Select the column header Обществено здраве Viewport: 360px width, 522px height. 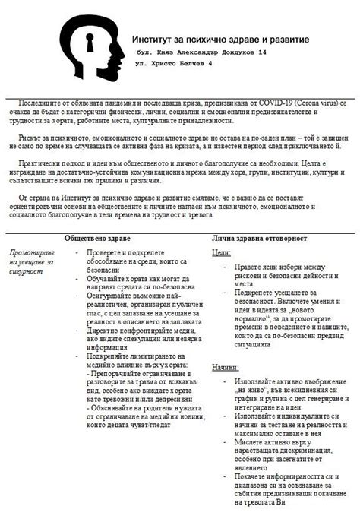pos(99,239)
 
